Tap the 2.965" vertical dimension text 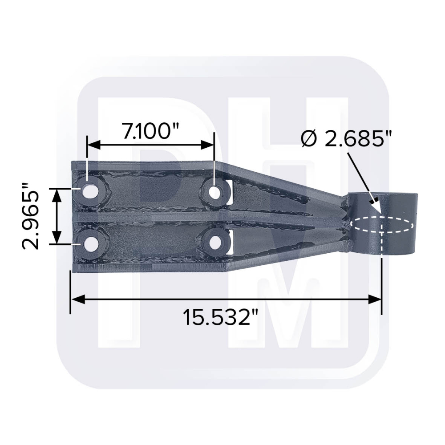point(30,216)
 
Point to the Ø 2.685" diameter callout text point(346,139)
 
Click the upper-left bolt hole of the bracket point(90,191)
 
